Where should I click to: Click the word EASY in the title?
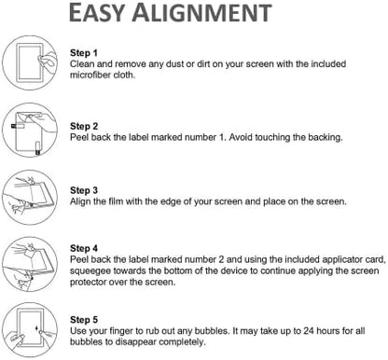[96, 12]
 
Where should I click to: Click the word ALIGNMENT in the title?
[202, 12]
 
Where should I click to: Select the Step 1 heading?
[84, 53]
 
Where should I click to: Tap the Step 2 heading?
[84, 126]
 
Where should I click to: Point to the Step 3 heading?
[84, 190]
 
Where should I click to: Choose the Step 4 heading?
[84, 248]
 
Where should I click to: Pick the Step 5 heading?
[84, 320]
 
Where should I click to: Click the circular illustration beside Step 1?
[30, 62]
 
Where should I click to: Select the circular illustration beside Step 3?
[30, 197]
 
